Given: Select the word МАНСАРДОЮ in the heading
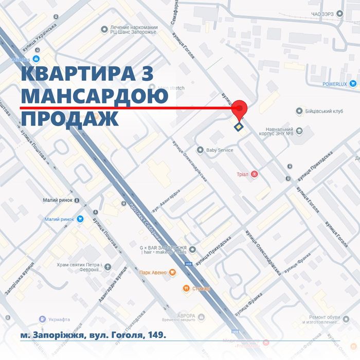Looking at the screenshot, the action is point(95,96).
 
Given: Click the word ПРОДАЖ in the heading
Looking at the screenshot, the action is point(69,118).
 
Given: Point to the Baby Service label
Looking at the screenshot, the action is point(219,150).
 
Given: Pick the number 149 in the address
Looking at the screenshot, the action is point(156,335).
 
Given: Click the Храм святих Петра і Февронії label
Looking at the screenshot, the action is point(77,267).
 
